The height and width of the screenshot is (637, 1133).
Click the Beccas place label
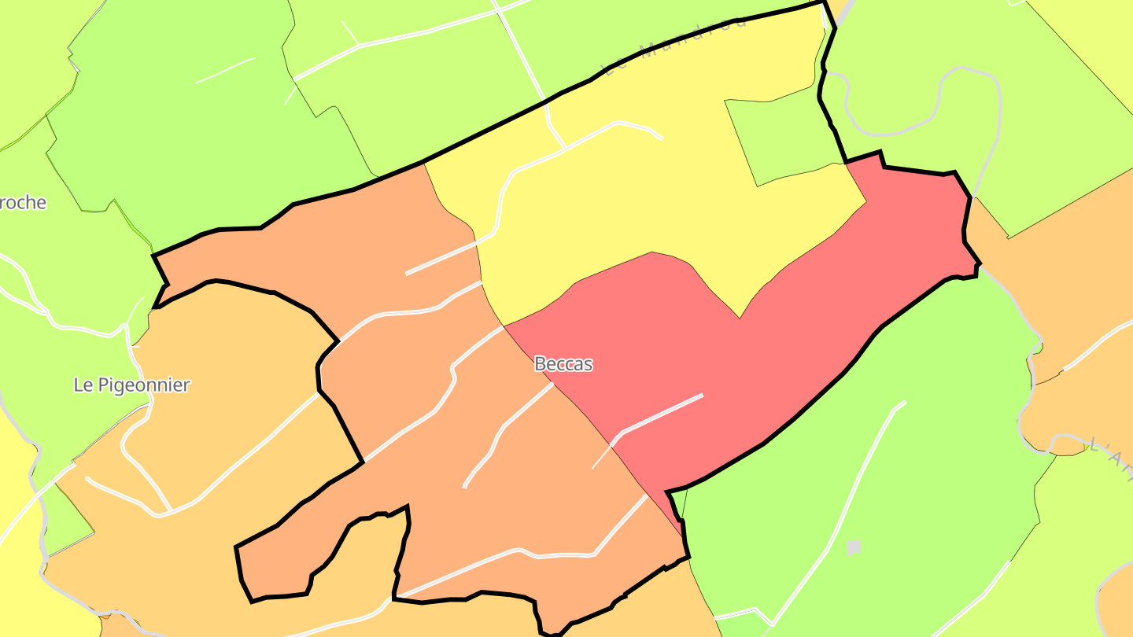[x=563, y=364]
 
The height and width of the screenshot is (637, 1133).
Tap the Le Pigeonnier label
[x=131, y=385]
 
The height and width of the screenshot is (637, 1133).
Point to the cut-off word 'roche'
[x=23, y=203]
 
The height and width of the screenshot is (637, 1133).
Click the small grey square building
[x=854, y=547]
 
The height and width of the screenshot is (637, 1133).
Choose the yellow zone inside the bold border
[x=629, y=197]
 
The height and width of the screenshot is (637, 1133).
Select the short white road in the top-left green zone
[x=224, y=71]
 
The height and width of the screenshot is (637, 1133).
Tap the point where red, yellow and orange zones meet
[x=504, y=326]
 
